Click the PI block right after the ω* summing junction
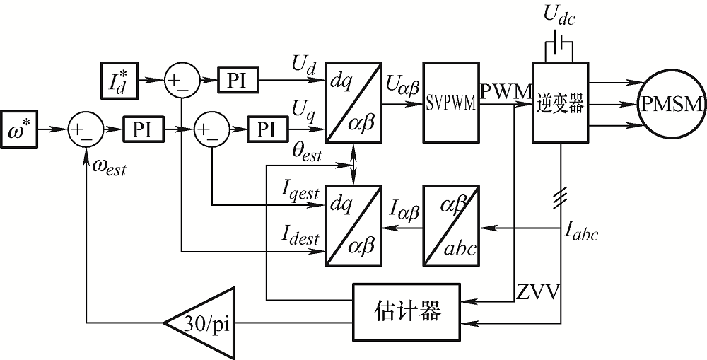(x=144, y=129)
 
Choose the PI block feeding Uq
(x=267, y=129)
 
